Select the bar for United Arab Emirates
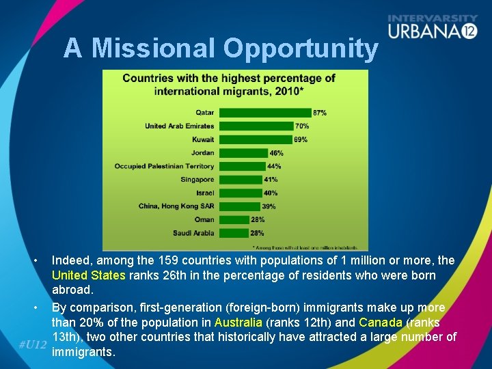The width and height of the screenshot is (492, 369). [x=256, y=126]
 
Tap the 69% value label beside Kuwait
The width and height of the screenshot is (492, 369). [x=301, y=139]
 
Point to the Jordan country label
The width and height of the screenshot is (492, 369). [x=202, y=153]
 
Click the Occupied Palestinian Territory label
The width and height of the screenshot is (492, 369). [x=164, y=166]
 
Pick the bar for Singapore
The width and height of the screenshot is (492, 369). [x=241, y=180]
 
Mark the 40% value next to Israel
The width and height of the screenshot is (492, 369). [x=271, y=193]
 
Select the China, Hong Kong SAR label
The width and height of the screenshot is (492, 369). [x=176, y=206]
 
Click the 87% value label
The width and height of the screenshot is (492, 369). [x=320, y=113]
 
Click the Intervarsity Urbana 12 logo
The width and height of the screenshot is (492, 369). [x=433, y=27]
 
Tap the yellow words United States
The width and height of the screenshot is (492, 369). [x=88, y=275]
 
